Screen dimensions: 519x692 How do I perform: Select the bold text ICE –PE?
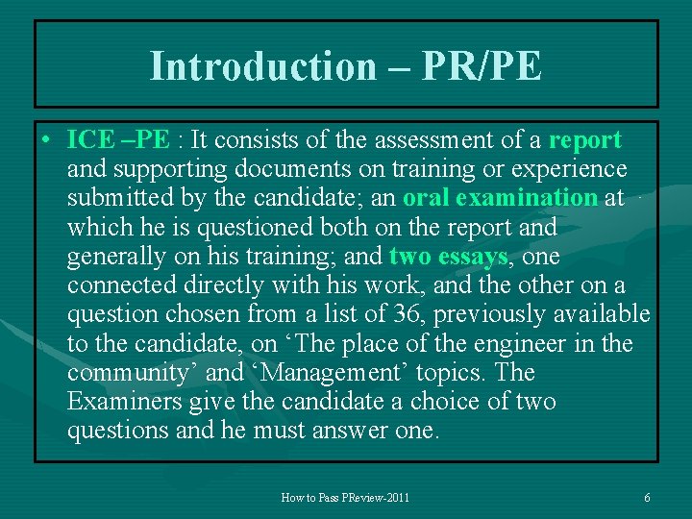click(x=118, y=140)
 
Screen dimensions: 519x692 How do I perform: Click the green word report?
click(x=585, y=140)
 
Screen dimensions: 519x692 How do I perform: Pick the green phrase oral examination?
click(x=501, y=198)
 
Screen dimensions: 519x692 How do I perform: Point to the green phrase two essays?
click(x=448, y=257)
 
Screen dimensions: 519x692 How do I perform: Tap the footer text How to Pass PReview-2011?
click(x=345, y=498)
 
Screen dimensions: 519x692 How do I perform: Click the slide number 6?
click(x=647, y=498)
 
